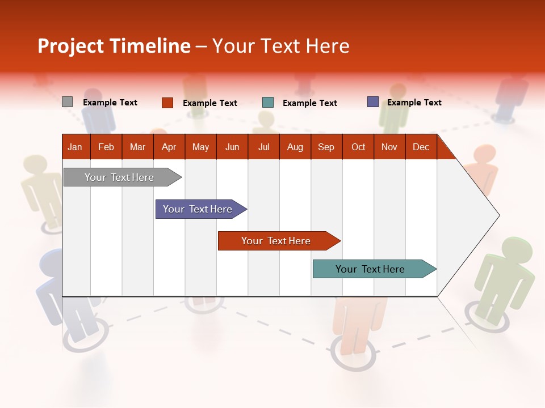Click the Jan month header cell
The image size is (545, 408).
(76, 147)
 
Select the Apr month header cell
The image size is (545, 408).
(169, 147)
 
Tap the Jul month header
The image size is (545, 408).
(263, 147)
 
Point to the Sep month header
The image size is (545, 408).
(326, 147)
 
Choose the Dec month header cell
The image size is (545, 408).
(421, 147)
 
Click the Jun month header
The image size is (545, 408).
(232, 147)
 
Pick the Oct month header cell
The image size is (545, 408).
(358, 147)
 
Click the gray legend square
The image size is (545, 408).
(67, 102)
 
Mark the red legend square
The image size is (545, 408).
(167, 103)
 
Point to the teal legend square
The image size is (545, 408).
(268, 103)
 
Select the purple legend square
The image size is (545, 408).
(373, 102)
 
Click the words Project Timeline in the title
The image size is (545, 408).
(114, 46)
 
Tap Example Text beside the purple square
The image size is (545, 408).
(414, 103)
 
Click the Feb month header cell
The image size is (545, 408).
(106, 147)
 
